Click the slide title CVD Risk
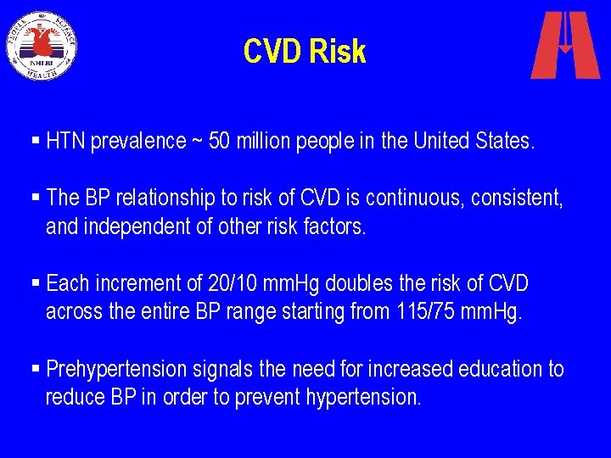[305, 52]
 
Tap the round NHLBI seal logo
[42, 45]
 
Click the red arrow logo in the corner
[564, 46]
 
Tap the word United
[441, 140]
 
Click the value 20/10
[236, 283]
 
